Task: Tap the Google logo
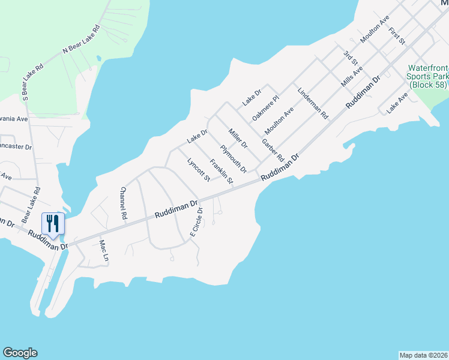point(20,353)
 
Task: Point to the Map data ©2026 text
point(424,355)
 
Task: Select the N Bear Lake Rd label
point(81,40)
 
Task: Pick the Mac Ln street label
point(104,251)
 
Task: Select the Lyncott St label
point(199,169)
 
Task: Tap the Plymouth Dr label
point(233,158)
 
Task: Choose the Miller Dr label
point(238,138)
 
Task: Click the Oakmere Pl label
point(266,106)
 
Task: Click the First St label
point(397,37)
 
